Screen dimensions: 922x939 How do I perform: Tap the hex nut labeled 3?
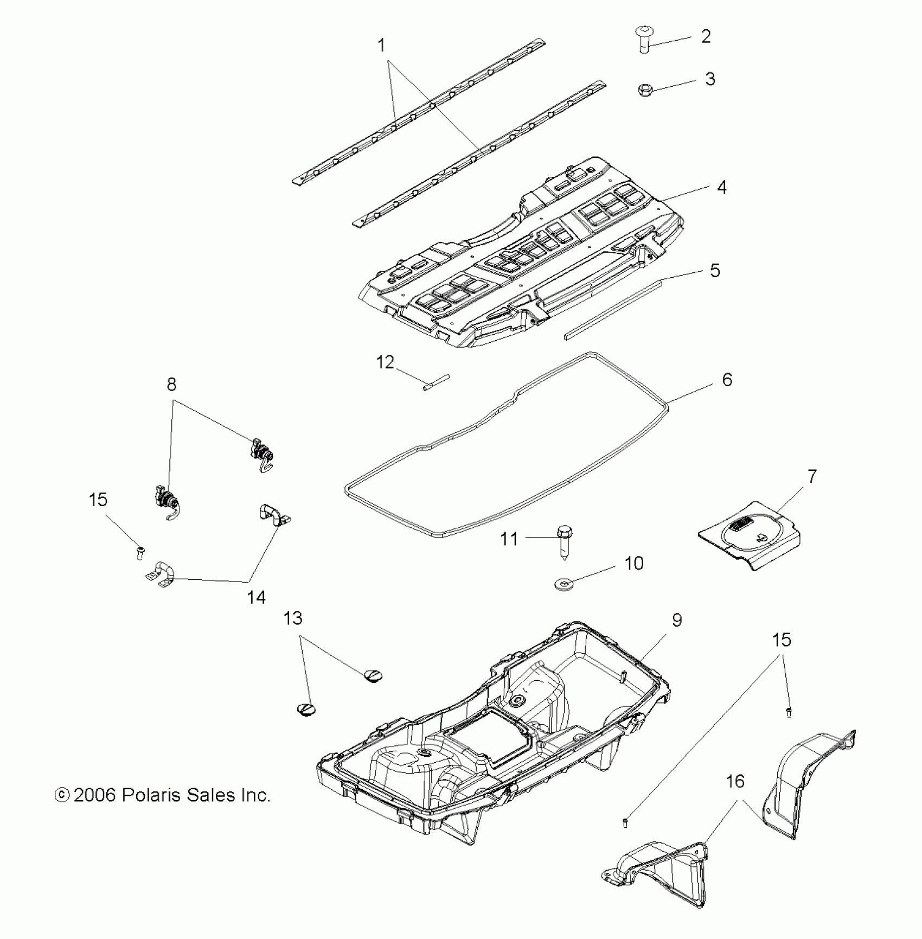pyautogui.click(x=645, y=89)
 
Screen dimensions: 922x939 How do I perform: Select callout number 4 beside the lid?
pyautogui.click(x=721, y=187)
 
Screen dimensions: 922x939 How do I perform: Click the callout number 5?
pyautogui.click(x=715, y=270)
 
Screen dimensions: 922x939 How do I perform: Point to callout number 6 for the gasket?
pyautogui.click(x=727, y=380)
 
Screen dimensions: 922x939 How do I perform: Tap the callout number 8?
pyautogui.click(x=171, y=385)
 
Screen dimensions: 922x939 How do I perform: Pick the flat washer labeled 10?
pyautogui.click(x=565, y=585)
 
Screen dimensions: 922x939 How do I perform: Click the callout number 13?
pyautogui.click(x=293, y=618)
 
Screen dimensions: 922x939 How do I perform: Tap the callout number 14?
pyautogui.click(x=256, y=597)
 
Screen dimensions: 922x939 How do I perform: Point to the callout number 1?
pyautogui.click(x=381, y=46)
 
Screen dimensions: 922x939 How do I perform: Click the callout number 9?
pyautogui.click(x=677, y=620)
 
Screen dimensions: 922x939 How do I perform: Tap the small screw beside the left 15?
pyautogui.click(x=140, y=553)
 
